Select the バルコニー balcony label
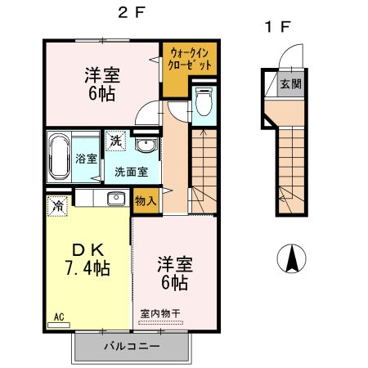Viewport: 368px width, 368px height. [132, 346]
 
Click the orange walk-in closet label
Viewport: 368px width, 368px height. [188, 58]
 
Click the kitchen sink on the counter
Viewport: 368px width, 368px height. [114, 197]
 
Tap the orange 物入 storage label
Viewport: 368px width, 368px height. [145, 201]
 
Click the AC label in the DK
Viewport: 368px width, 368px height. [59, 316]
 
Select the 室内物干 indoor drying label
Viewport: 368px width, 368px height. [160, 313]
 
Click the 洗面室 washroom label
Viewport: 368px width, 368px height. [131, 172]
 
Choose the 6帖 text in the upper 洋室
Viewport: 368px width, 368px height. [102, 92]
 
